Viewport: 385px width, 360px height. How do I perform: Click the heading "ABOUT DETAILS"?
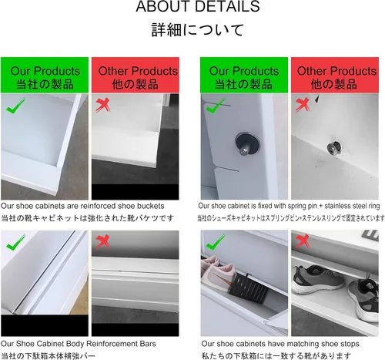198,6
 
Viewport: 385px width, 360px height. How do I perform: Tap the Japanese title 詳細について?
197,30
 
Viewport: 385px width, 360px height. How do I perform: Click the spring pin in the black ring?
245,150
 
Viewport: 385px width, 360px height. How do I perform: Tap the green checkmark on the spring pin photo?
216,106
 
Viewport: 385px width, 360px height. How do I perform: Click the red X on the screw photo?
303,105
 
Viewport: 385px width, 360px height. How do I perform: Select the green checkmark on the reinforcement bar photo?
15,242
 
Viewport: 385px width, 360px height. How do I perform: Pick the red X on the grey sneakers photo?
303,241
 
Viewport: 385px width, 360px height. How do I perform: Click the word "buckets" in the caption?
151,206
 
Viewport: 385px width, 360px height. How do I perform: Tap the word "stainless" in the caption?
339,206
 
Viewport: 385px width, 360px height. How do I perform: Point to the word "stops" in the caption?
350,344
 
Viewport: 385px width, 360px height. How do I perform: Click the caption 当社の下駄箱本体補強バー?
48,356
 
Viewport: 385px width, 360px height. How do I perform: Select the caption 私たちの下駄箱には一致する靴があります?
276,356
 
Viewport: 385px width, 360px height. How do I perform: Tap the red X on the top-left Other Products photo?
103,105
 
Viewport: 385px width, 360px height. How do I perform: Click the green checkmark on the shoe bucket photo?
15,106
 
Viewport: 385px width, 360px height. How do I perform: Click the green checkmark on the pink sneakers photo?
216,242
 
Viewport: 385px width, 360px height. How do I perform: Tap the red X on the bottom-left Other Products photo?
103,241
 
